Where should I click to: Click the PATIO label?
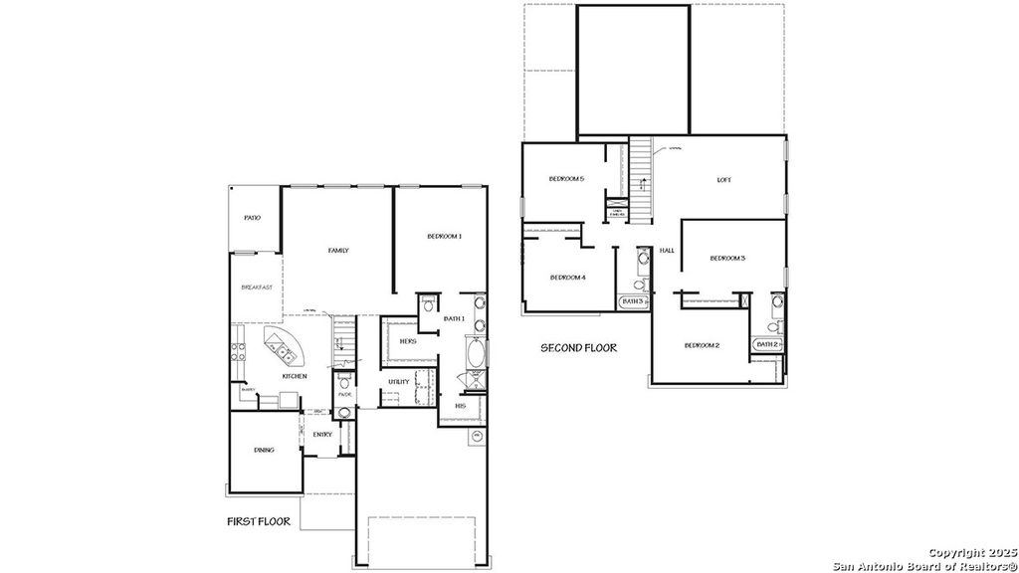tap(253, 218)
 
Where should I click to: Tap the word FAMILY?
tap(338, 251)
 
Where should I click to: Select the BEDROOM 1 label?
tap(444, 236)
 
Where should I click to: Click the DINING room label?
tap(264, 450)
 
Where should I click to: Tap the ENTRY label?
tap(322, 434)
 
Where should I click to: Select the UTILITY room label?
tap(399, 381)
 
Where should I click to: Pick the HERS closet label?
tap(407, 341)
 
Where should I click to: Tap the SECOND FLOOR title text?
tap(578, 348)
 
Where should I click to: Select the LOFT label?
tap(723, 180)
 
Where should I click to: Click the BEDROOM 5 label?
tap(566, 179)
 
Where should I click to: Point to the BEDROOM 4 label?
tap(566, 277)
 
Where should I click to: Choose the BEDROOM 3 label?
tap(727, 259)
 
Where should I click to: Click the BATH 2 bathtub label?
tap(766, 344)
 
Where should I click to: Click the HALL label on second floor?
tap(667, 250)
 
